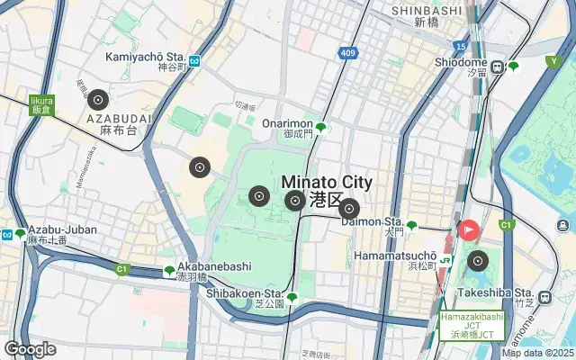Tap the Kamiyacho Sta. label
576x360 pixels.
[x=145, y=56]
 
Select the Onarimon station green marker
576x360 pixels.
[x=320, y=127]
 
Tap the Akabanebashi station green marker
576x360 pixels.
[x=169, y=271]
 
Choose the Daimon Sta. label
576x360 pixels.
[x=373, y=220]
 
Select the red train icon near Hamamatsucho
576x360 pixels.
[x=469, y=229]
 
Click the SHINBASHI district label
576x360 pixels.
[x=427, y=10]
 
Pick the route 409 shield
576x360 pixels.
[x=348, y=54]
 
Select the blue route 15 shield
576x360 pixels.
[x=462, y=44]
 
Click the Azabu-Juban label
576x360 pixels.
[x=62, y=229]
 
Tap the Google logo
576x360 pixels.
[x=30, y=349]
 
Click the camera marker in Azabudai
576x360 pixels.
[x=99, y=101]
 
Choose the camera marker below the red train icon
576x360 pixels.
[x=477, y=262]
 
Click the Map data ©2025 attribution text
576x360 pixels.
[x=538, y=354]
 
